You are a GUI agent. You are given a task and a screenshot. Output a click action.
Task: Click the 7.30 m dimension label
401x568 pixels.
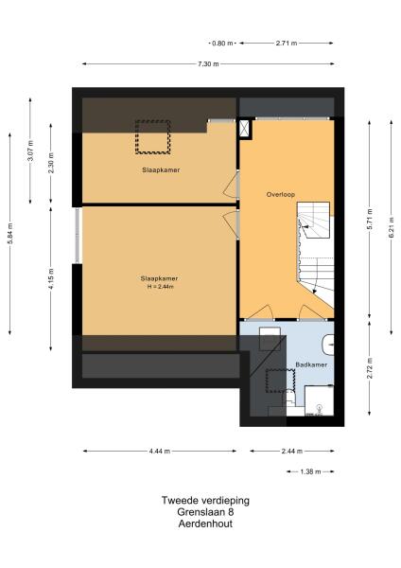208,63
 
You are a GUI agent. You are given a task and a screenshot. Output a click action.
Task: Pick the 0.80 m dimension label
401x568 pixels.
221,43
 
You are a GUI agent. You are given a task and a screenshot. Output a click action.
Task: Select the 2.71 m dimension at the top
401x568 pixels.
286,43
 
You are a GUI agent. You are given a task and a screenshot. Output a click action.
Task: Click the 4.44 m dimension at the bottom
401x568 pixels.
160,452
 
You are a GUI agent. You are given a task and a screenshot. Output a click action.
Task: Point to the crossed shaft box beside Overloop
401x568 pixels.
246,130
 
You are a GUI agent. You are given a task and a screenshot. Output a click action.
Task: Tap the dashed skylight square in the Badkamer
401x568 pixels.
275,382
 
